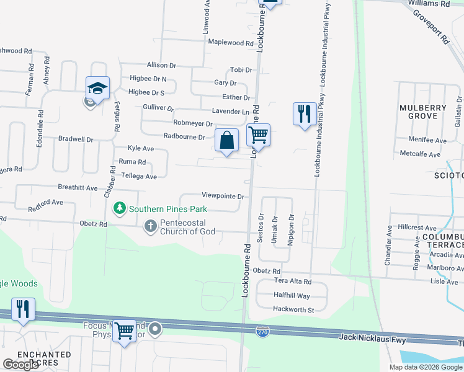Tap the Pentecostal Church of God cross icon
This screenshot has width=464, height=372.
[x=150, y=226]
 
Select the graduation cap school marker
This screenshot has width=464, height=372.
[x=98, y=88]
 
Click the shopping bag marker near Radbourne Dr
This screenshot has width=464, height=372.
[x=227, y=140]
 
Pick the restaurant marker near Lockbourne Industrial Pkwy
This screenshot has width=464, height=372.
[x=304, y=114]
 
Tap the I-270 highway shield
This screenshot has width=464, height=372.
[x=263, y=332]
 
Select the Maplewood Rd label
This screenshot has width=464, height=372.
[x=231, y=43]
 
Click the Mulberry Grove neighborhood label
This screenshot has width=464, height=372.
[x=423, y=112]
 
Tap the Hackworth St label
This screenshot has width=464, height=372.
[x=294, y=309]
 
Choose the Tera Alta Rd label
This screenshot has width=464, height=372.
[x=292, y=281]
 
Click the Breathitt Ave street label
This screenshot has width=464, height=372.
[x=78, y=187]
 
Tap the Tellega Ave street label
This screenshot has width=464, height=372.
[x=142, y=176]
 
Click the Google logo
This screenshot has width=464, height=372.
[x=20, y=365]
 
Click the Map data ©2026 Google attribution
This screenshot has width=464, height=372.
[x=425, y=367]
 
